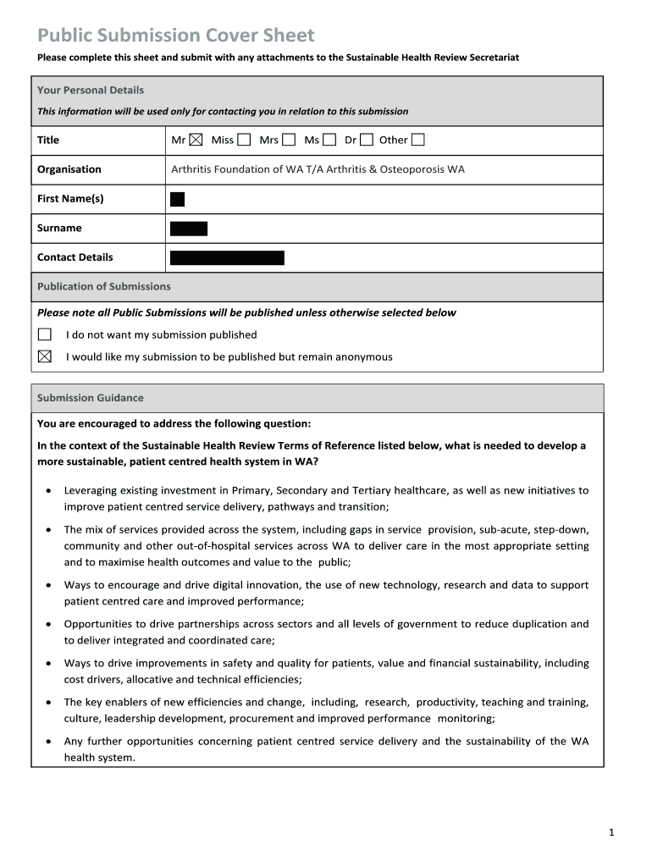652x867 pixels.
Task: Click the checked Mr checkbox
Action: [x=196, y=141]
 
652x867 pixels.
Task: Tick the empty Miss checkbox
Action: [x=244, y=141]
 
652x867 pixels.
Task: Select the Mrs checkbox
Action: [x=289, y=141]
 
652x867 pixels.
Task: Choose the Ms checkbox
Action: [x=329, y=141]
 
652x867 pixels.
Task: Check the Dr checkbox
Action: [x=367, y=141]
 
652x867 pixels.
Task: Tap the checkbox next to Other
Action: [x=418, y=141]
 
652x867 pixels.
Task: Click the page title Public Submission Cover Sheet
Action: [x=175, y=36]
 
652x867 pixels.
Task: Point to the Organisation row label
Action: [x=69, y=169]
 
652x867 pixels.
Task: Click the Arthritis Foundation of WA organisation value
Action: [x=318, y=169]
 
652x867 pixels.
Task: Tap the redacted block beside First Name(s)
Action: [x=177, y=199]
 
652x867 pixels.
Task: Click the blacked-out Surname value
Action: [x=189, y=229]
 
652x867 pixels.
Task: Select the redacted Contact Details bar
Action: [x=227, y=258]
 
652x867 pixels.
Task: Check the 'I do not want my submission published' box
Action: [x=45, y=334]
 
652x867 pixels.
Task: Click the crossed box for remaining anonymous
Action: [x=45, y=356]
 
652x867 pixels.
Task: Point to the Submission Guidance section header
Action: [x=91, y=398]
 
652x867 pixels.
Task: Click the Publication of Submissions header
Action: [x=104, y=286]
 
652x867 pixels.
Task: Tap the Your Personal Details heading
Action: [x=91, y=90]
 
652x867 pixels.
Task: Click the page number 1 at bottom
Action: [x=611, y=833]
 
